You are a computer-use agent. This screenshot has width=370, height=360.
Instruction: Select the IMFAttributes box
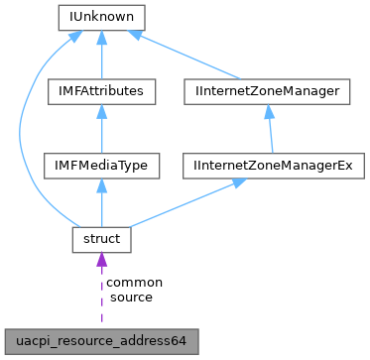click(102, 91)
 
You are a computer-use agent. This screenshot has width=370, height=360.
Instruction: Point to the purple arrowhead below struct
click(102, 262)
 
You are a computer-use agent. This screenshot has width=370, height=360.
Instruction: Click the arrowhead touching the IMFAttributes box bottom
click(102, 111)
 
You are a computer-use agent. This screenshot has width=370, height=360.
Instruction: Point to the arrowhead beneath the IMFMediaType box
click(102, 185)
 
